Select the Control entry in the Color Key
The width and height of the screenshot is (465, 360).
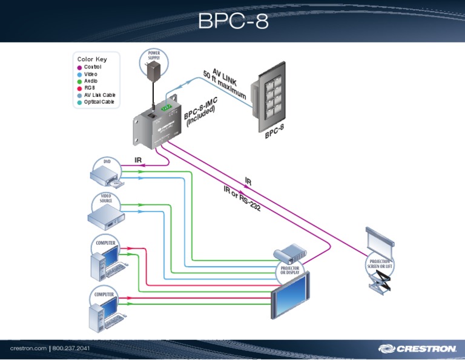click(92, 67)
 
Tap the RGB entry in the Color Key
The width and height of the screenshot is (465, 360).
click(90, 88)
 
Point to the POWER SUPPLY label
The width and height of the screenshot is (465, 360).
click(154, 55)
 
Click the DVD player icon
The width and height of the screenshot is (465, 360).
click(107, 176)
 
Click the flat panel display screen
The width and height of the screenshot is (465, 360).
click(289, 296)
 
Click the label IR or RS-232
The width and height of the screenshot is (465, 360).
click(242, 199)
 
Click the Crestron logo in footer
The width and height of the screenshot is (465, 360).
click(417, 348)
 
